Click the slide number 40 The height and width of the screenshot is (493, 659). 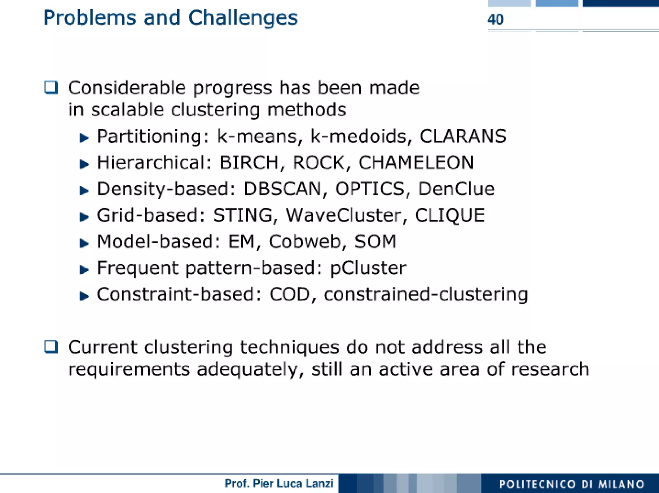click(495, 20)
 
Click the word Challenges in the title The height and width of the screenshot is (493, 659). click(243, 18)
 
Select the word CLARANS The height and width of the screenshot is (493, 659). click(463, 136)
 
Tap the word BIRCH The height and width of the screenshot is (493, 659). click(249, 163)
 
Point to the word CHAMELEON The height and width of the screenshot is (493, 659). click(416, 163)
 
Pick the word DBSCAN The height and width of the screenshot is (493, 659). click(282, 189)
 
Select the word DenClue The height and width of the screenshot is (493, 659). click(456, 189)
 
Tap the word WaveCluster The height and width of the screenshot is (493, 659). click(343, 215)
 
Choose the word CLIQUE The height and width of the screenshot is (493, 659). click(449, 215)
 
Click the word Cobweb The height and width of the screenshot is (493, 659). click(304, 242)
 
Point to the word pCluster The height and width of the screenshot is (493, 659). click(368, 268)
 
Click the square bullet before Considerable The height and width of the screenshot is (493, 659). click(51, 87)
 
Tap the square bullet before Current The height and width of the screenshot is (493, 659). click(51, 347)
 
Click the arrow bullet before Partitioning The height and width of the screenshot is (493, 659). click(84, 138)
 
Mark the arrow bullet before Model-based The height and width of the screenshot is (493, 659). click(84, 243)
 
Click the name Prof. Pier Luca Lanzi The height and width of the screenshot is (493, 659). click(279, 483)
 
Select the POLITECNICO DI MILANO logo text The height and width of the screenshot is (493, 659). click(571, 484)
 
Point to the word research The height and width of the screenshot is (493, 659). click(550, 369)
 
